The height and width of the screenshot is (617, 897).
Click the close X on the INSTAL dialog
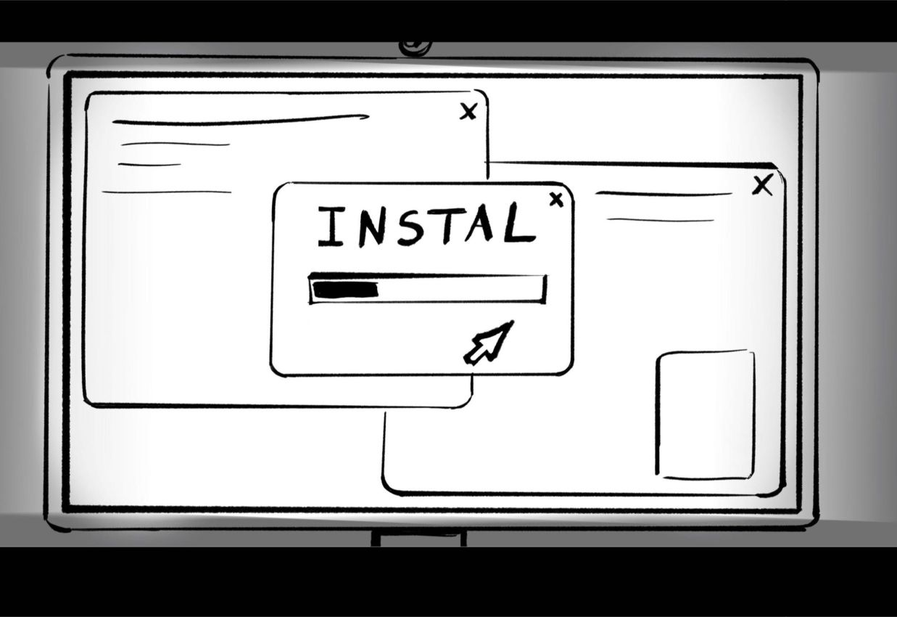click(x=556, y=200)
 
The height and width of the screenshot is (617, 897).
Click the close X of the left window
click(x=468, y=111)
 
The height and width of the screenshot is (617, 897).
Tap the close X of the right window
click(x=762, y=186)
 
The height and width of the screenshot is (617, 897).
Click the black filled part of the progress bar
click(x=345, y=290)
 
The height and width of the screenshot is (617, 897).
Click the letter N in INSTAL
click(x=371, y=226)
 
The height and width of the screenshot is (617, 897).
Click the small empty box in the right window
click(x=706, y=414)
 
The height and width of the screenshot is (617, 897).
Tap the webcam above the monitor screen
click(x=416, y=47)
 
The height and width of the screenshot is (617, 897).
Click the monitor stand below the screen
click(x=418, y=538)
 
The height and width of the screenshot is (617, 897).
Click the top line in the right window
click(x=664, y=194)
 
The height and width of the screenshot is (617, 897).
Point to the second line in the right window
click(x=661, y=219)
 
